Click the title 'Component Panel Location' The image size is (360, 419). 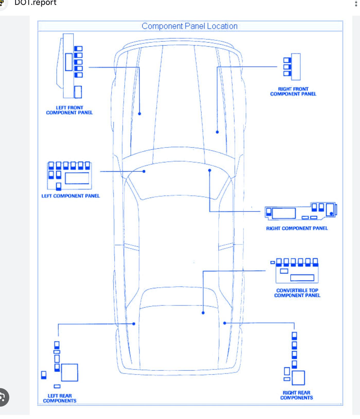189,26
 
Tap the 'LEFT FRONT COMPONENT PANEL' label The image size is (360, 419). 69,110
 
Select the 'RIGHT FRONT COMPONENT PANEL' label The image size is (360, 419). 293,91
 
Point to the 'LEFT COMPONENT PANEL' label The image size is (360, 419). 71,196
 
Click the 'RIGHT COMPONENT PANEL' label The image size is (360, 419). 297,228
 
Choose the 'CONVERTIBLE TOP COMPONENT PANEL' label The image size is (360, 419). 297,293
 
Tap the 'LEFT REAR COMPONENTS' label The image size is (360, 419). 60,398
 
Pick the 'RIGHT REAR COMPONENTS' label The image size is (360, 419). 296,395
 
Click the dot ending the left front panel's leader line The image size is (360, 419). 139,114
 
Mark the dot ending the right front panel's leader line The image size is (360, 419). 217,132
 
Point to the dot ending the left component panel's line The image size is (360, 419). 144,171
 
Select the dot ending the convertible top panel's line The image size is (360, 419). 203,313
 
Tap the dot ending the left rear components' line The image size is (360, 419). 134,324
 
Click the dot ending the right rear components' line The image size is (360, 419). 225,323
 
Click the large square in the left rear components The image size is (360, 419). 69,372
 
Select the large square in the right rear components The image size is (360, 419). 298,378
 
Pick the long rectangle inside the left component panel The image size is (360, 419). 77,178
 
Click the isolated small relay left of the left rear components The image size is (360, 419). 44,375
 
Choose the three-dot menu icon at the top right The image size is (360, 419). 356,3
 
